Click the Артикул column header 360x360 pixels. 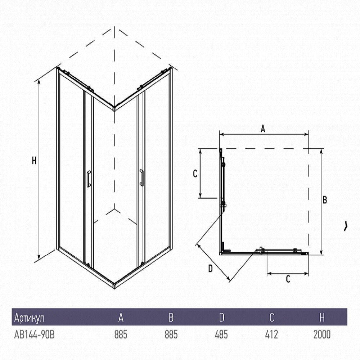click(x=29, y=318)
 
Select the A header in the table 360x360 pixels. click(x=121, y=318)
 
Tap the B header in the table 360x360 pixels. click(x=171, y=318)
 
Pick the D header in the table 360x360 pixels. click(x=221, y=318)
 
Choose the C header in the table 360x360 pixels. click(x=271, y=318)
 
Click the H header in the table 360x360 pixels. click(x=322, y=318)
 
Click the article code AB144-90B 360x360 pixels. click(x=35, y=334)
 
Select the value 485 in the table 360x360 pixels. click(x=221, y=334)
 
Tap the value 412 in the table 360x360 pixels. click(x=271, y=334)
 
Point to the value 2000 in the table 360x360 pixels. click(x=322, y=334)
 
